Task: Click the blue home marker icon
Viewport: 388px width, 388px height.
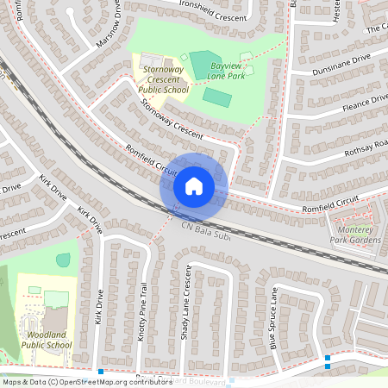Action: (194, 185)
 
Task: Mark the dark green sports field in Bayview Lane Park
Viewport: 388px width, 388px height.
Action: (216, 97)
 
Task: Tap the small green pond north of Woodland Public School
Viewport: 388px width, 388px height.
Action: (64, 259)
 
